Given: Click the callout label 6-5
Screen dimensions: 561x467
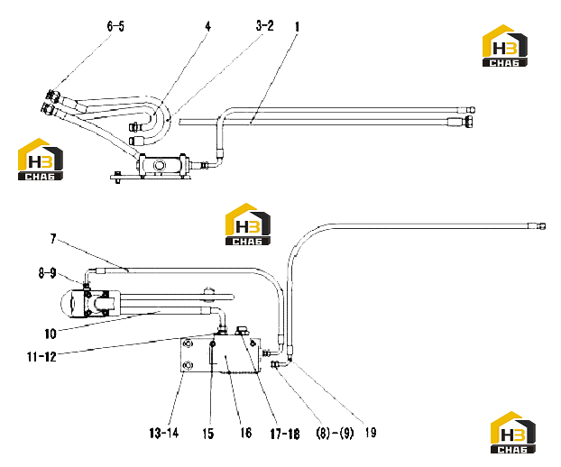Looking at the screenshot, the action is pyautogui.click(x=115, y=26).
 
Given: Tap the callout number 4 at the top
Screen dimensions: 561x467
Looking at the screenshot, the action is pyautogui.click(x=207, y=26).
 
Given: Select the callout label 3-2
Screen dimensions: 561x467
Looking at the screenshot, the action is pyautogui.click(x=265, y=26).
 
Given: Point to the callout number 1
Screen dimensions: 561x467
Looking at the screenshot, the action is pyautogui.click(x=297, y=27).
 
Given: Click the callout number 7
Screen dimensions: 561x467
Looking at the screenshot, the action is pyautogui.click(x=53, y=239).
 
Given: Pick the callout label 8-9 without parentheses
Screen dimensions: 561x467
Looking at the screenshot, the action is pyautogui.click(x=48, y=273).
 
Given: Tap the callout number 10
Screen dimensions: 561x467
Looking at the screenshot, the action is pyautogui.click(x=51, y=334).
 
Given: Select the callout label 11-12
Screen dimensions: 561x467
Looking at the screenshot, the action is pyautogui.click(x=41, y=356).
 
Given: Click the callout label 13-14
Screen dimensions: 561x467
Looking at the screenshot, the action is pyautogui.click(x=164, y=434).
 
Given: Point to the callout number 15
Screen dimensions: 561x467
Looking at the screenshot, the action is pyautogui.click(x=207, y=434).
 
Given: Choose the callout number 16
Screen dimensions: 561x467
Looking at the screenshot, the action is pyautogui.click(x=246, y=433).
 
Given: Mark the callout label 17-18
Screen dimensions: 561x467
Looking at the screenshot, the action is pyautogui.click(x=285, y=434).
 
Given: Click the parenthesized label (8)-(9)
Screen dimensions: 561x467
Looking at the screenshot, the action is pyautogui.click(x=335, y=434).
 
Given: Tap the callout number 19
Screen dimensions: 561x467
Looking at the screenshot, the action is pyautogui.click(x=371, y=433).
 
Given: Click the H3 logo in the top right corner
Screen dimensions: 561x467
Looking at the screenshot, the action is pyautogui.click(x=505, y=45).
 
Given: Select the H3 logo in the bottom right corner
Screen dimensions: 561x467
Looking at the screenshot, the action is pyautogui.click(x=513, y=433).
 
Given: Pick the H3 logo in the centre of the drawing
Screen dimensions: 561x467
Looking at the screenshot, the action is pyautogui.click(x=248, y=224).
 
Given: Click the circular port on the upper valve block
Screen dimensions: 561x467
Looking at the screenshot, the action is pyautogui.click(x=160, y=165).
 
